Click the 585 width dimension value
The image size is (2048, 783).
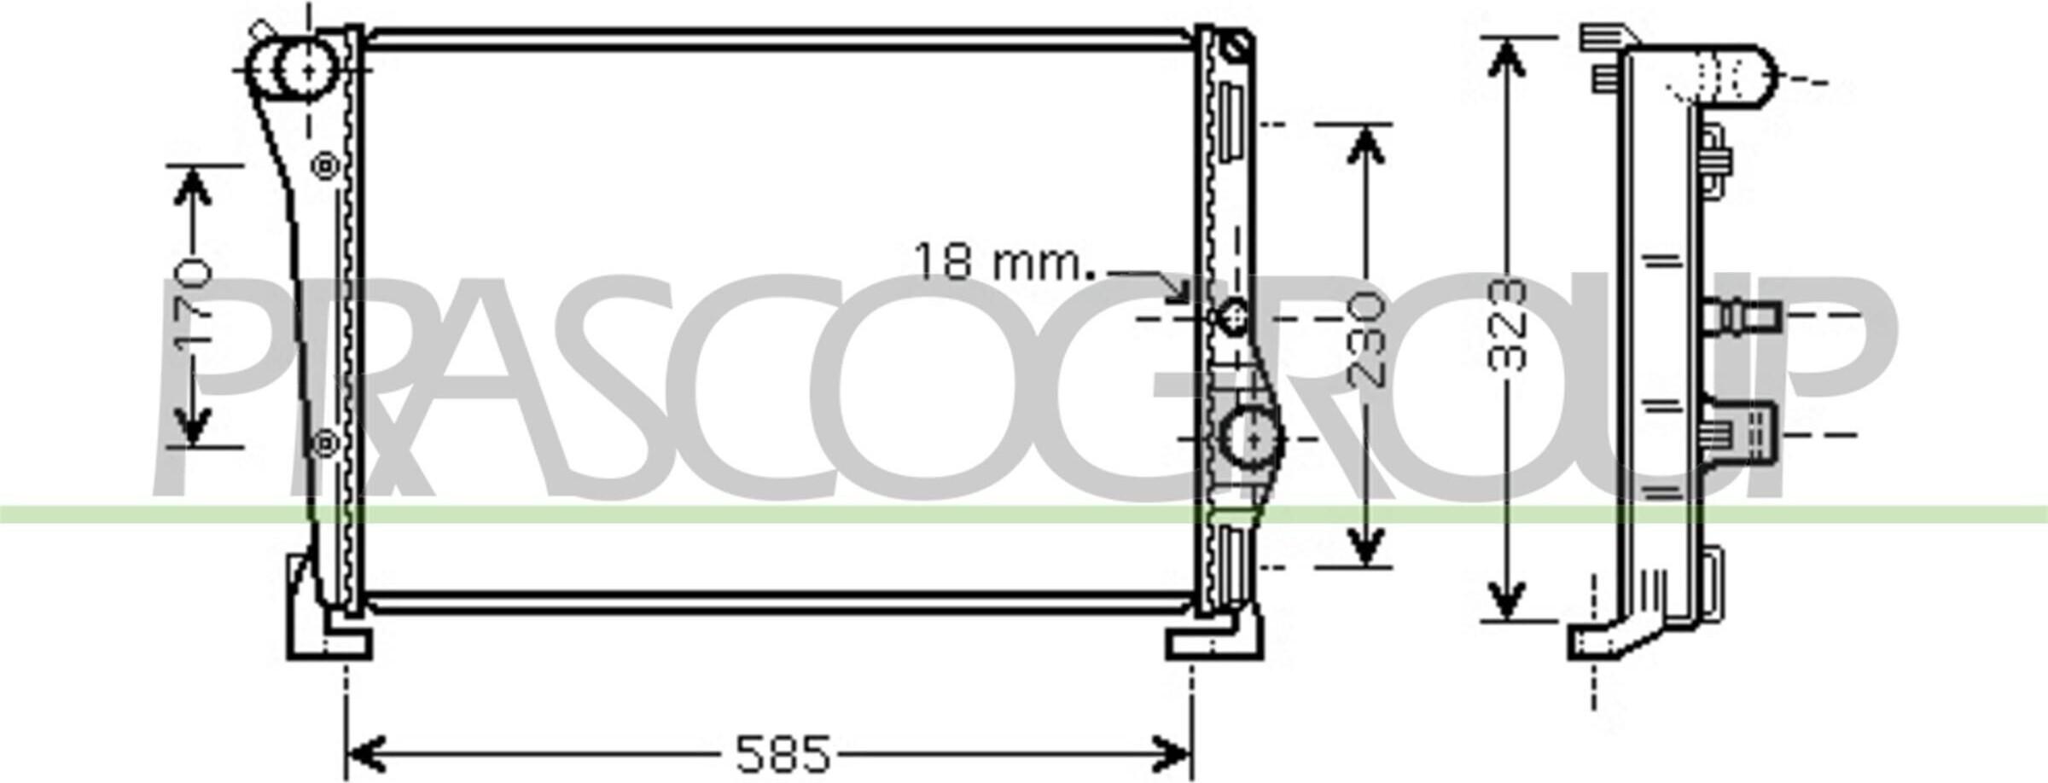pyautogui.click(x=782, y=753)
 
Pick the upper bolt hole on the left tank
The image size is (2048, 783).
pyautogui.click(x=325, y=166)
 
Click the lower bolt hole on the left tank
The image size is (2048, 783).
pyautogui.click(x=325, y=444)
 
